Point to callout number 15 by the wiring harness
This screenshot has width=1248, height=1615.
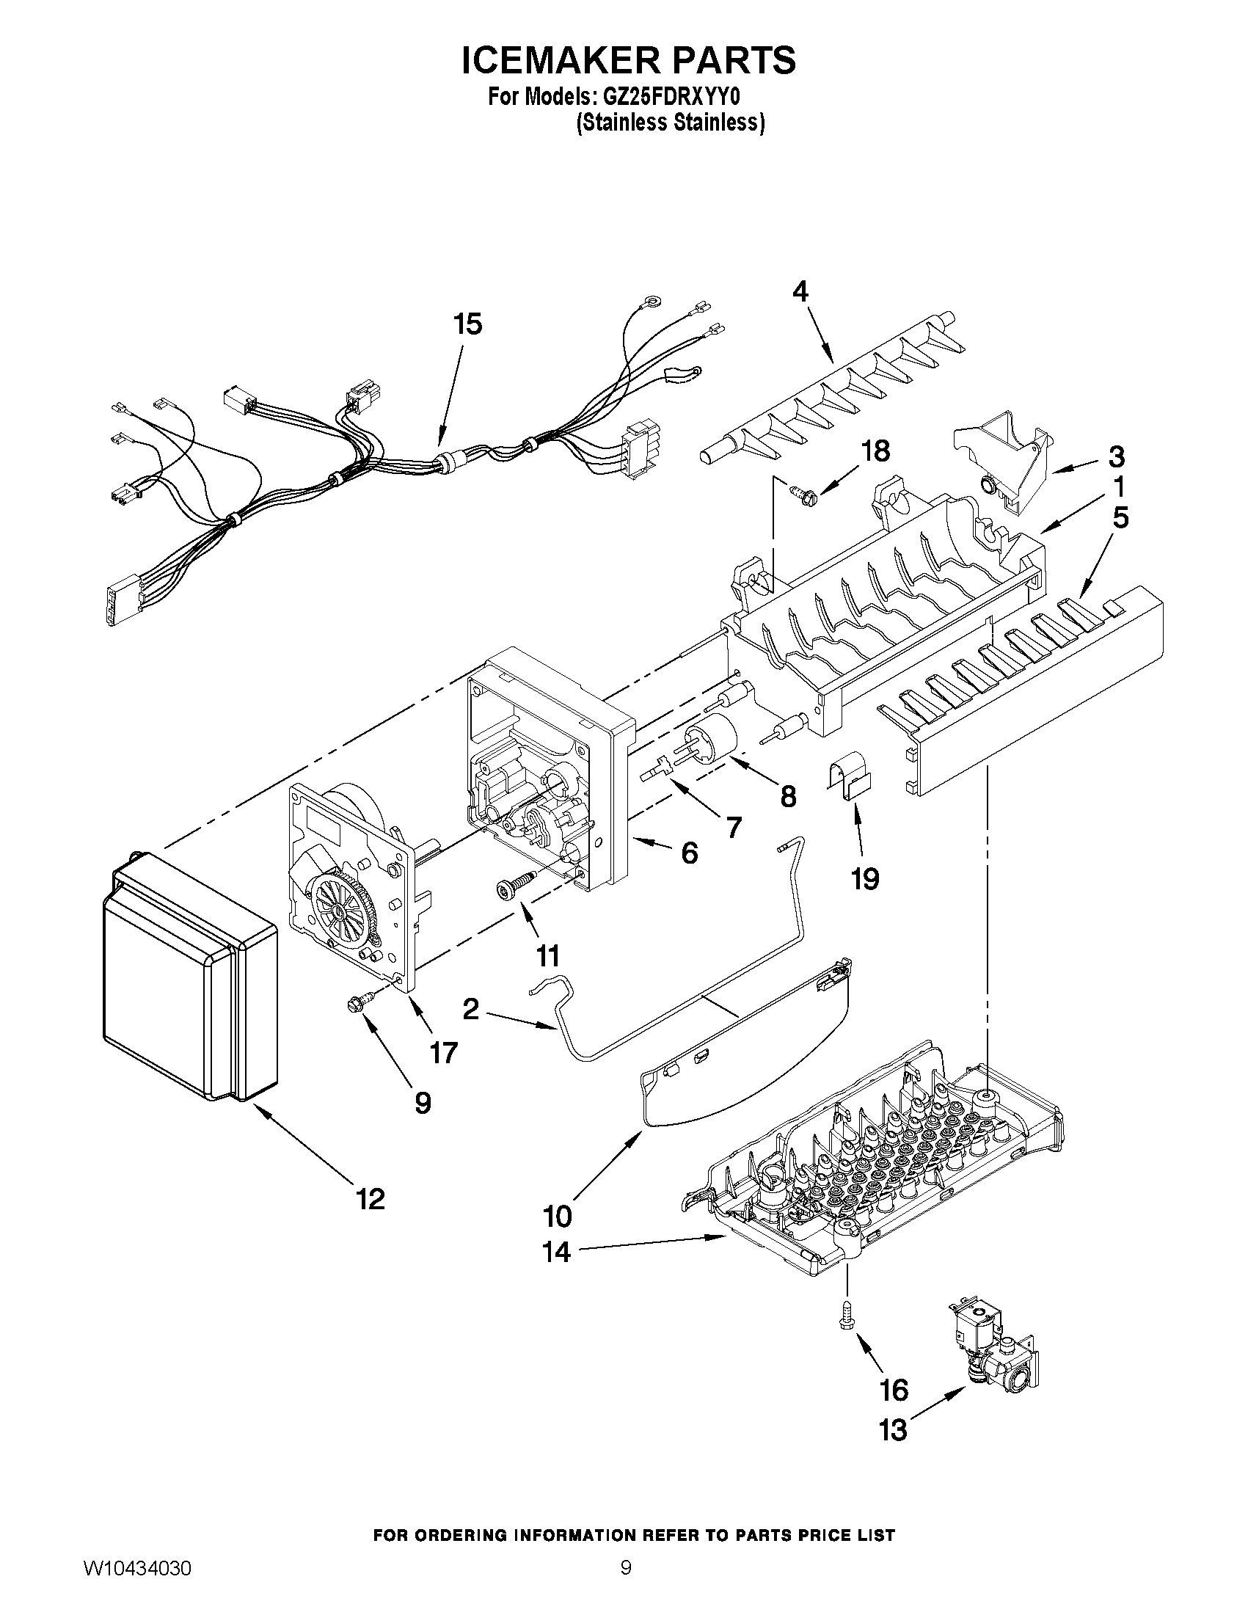click(467, 324)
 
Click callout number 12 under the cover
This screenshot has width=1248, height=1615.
click(371, 1199)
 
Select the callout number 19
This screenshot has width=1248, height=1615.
click(865, 879)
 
